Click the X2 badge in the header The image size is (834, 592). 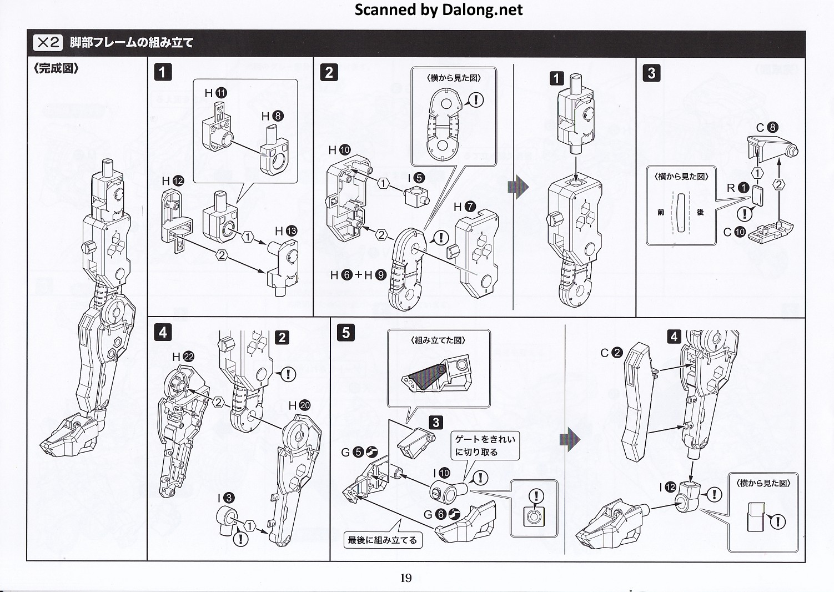click(x=48, y=42)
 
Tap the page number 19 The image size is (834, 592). click(x=406, y=578)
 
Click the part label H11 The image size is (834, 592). click(x=216, y=93)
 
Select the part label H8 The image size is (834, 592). click(x=272, y=116)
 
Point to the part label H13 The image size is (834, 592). click(x=286, y=231)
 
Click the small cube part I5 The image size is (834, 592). click(x=418, y=197)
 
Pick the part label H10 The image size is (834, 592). click(x=339, y=150)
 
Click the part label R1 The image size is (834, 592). click(x=738, y=188)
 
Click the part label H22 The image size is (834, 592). click(x=183, y=357)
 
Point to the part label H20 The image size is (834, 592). click(x=299, y=405)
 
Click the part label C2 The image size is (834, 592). click(x=611, y=353)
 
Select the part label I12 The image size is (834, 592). click(x=668, y=487)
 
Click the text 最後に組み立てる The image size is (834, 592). click(x=382, y=539)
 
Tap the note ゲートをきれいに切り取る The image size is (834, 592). click(x=485, y=445)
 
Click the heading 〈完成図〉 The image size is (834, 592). click(x=56, y=68)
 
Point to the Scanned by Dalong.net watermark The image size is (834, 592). click(x=438, y=9)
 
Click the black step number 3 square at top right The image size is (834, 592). click(x=651, y=73)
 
